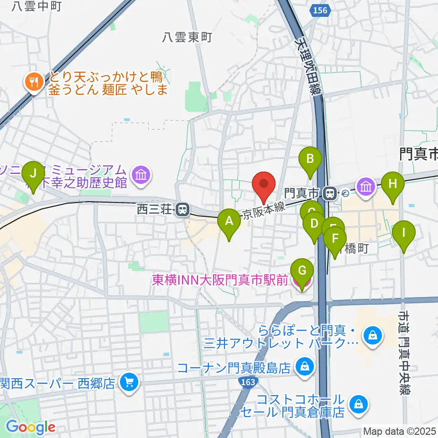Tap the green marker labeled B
(310, 159)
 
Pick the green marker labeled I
(404, 233)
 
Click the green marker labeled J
(33, 173)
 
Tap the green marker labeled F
(335, 239)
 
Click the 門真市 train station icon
(328, 194)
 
